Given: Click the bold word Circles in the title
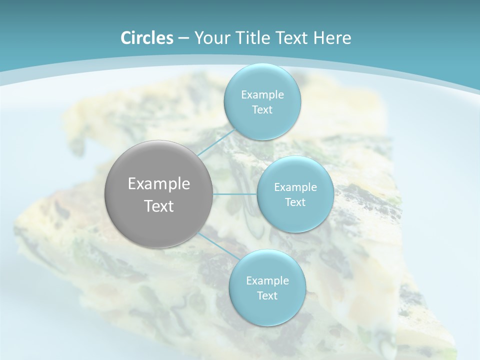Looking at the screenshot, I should coord(146,37).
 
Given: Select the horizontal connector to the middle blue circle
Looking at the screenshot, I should coord(234,194).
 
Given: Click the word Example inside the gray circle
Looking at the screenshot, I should coord(158,184).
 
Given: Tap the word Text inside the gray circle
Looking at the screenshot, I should coord(158,206).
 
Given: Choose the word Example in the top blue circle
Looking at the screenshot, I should coord(262,95).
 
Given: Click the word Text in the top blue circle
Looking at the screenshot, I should coord(262,110).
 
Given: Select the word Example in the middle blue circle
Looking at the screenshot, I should coord(295,187).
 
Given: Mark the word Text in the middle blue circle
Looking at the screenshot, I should coord(295,202).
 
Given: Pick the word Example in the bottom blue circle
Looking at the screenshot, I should coord(267,281).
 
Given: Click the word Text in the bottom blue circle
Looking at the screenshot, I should coord(267,296).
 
